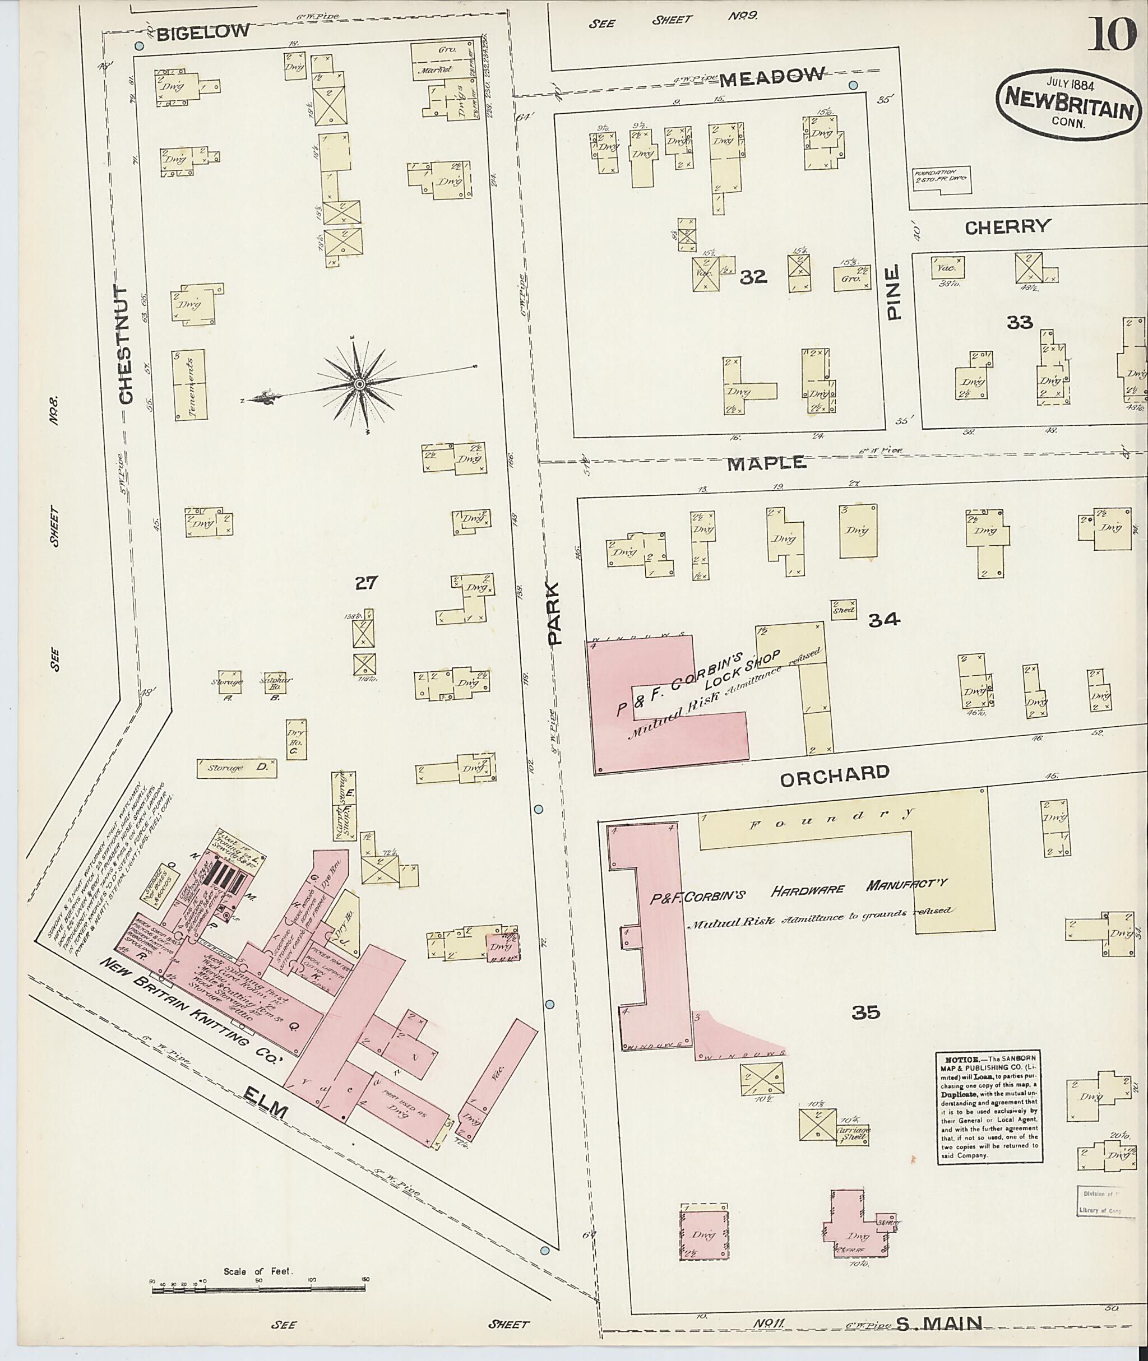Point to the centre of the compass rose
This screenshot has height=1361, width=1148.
pyautogui.click(x=359, y=384)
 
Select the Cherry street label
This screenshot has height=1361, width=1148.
pyautogui.click(x=1007, y=227)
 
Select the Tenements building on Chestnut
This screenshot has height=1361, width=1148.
pyautogui.click(x=189, y=385)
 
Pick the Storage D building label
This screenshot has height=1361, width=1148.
pyautogui.click(x=237, y=768)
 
